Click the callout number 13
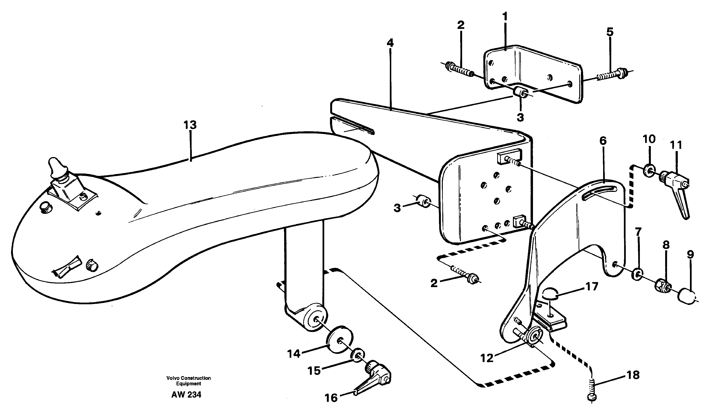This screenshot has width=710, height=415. click(x=190, y=125)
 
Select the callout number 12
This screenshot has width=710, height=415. click(x=487, y=358)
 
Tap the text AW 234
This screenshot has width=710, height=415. click(x=186, y=395)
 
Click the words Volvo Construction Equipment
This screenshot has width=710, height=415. click(x=188, y=381)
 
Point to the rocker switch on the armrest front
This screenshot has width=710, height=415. click(x=67, y=265)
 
